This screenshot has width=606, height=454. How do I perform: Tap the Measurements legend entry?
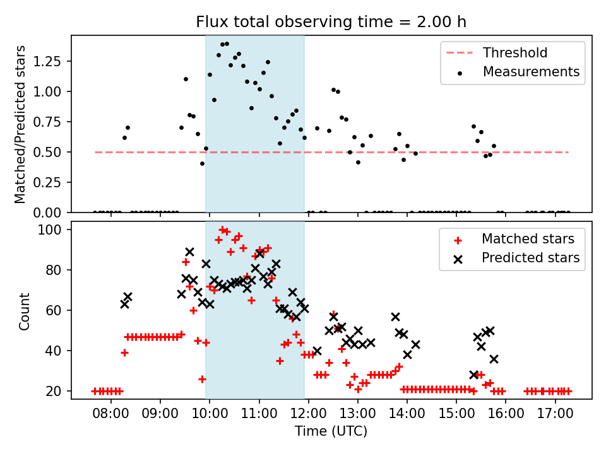click(x=518, y=72)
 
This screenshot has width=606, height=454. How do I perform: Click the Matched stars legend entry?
click(x=514, y=239)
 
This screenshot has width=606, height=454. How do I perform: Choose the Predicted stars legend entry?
click(x=516, y=258)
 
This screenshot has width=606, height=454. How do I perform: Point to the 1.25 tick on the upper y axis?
click(x=47, y=61)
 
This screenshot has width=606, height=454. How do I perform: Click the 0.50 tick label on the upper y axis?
click(x=47, y=152)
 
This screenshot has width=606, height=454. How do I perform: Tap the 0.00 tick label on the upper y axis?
click(x=47, y=212)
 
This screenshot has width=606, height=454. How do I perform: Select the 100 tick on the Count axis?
click(x=49, y=230)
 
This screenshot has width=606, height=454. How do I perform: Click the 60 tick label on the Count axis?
click(x=53, y=310)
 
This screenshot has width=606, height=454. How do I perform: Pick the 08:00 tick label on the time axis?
click(x=111, y=414)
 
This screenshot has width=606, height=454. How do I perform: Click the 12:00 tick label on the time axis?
click(x=309, y=414)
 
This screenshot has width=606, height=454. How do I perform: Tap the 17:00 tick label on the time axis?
click(x=555, y=414)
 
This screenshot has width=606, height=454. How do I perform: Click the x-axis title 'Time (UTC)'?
click(x=331, y=431)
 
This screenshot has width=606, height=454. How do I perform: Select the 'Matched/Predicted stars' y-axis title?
click(x=20, y=124)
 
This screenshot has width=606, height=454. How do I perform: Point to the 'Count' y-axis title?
click(x=25, y=311)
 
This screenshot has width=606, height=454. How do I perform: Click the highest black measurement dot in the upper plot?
click(x=227, y=44)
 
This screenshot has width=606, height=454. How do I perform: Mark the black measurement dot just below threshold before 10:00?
click(x=202, y=164)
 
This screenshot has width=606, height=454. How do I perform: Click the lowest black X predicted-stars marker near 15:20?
click(x=474, y=375)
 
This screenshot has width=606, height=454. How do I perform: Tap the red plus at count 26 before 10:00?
click(x=202, y=380)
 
